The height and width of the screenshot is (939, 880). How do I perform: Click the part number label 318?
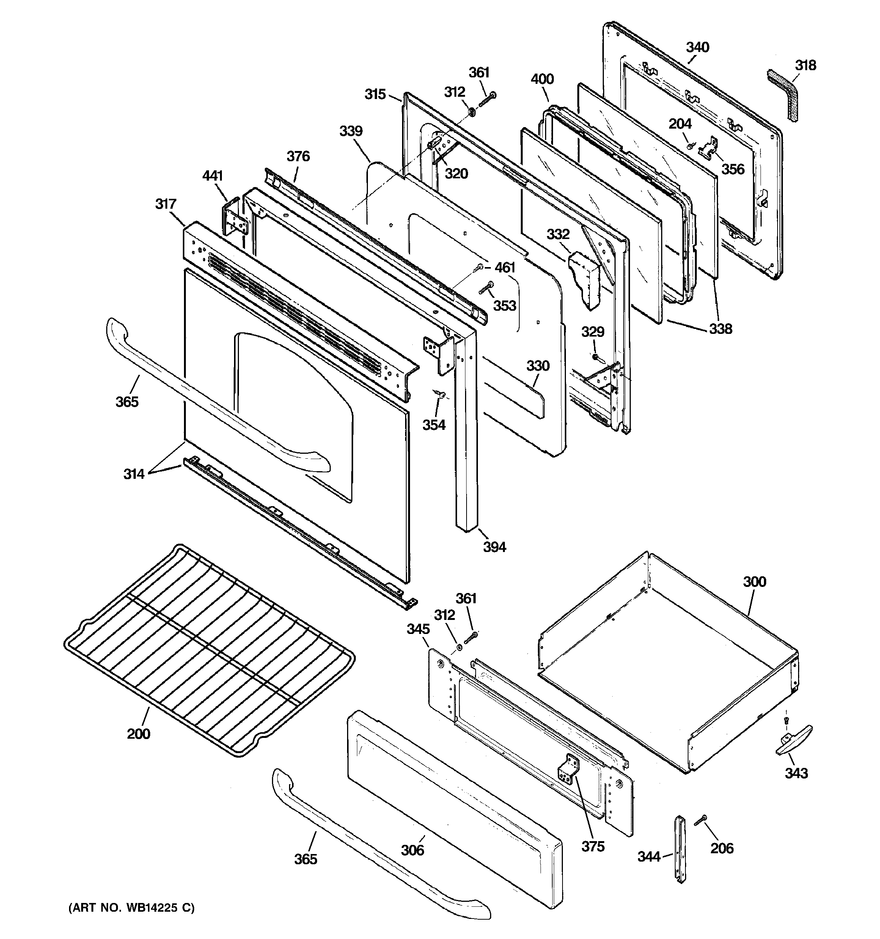pos(805,65)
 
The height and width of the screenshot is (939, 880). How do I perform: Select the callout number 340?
pos(697,47)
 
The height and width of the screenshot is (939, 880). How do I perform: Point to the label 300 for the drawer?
pos(754,582)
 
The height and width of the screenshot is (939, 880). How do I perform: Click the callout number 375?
pos(592,846)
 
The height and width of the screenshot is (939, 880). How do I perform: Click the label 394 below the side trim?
pos(494,547)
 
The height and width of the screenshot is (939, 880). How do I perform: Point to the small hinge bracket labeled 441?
pos(234,218)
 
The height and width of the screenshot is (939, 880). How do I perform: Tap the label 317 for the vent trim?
pos(165,204)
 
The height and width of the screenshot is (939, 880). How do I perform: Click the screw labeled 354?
pos(438,393)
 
